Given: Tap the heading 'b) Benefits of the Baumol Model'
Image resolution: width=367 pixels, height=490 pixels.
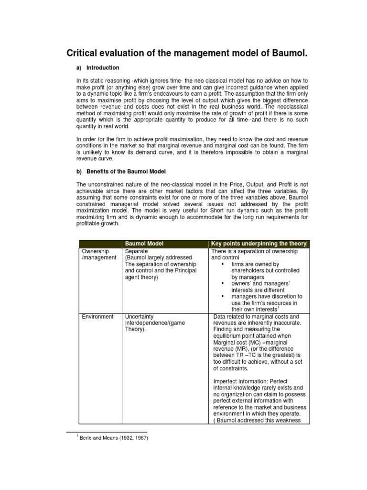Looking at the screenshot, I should [x=121, y=171].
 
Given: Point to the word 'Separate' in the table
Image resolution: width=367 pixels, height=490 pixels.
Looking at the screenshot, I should [x=136, y=251].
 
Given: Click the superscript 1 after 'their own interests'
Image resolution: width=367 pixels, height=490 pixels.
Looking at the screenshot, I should [x=278, y=308].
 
